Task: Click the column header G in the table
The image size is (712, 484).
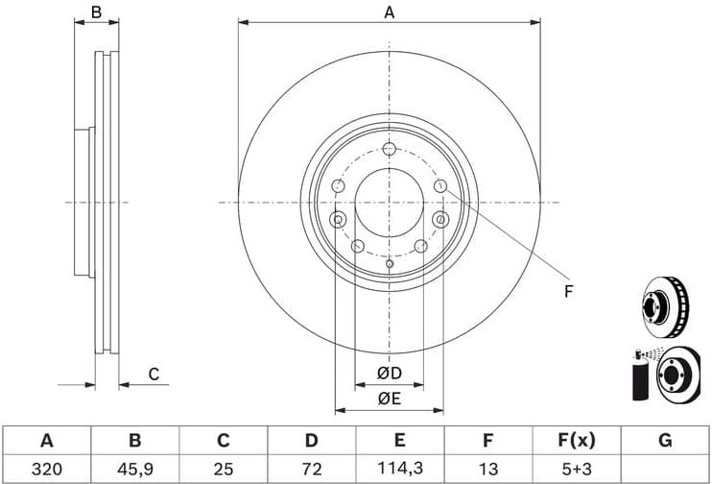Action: click(665, 441)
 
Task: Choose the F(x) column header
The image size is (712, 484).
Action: click(576, 441)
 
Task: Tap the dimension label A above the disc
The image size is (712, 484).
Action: click(389, 12)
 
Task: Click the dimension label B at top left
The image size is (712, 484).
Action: click(96, 12)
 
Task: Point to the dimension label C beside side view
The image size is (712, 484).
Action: click(153, 374)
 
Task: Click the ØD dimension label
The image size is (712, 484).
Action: click(389, 373)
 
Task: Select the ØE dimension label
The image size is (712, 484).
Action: click(389, 399)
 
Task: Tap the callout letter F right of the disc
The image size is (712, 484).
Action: click(568, 291)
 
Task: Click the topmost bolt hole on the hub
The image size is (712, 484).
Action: click(389, 149)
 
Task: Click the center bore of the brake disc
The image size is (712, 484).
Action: click(389, 203)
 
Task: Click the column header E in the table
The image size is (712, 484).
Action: click(399, 441)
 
